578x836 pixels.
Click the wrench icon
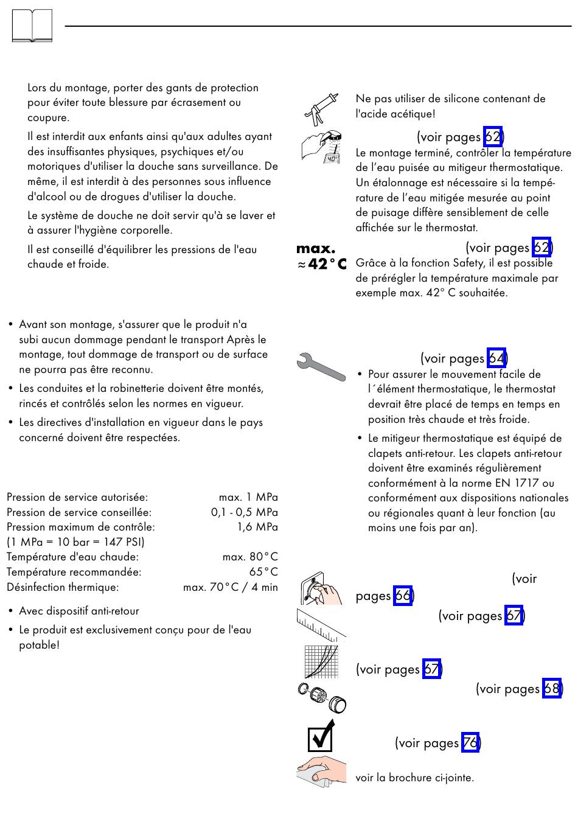click(321, 366)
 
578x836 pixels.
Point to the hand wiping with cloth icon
click(321, 772)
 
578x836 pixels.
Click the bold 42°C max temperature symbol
click(321, 257)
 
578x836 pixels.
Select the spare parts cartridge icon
click(321, 697)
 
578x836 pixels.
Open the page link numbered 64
click(496, 358)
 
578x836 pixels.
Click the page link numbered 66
click(403, 595)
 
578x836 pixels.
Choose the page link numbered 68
click(551, 689)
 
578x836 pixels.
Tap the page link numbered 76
click(470, 743)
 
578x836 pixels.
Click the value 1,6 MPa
click(257, 527)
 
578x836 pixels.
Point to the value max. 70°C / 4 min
click(231, 587)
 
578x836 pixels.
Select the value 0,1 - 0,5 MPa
click(245, 512)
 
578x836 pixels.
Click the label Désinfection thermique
click(63, 587)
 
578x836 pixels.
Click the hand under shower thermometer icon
click(321, 147)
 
